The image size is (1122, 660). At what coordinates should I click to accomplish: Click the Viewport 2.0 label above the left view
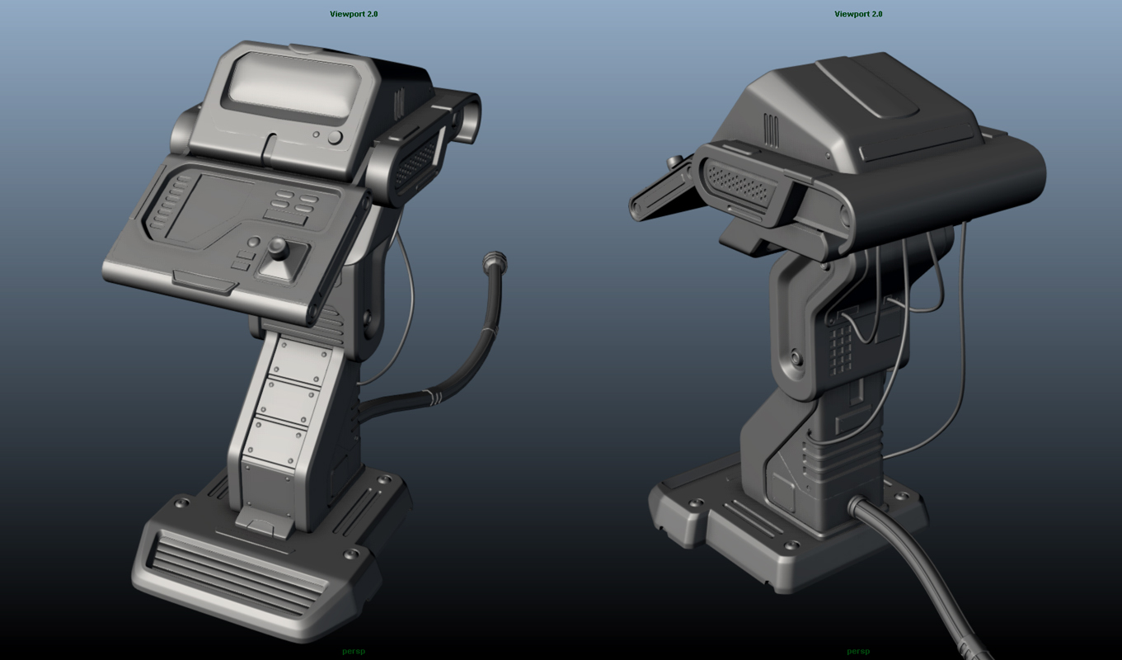point(354,14)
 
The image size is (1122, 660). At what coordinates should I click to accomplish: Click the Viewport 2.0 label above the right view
point(858,14)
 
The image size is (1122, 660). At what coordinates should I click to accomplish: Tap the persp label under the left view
point(353,651)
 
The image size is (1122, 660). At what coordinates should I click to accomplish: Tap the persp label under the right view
point(858,651)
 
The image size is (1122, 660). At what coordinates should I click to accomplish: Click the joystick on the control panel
point(279,249)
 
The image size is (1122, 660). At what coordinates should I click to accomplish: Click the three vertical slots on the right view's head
point(771,130)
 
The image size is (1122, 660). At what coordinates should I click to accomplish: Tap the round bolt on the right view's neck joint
point(796,358)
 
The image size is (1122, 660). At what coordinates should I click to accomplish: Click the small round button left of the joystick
point(254,243)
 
